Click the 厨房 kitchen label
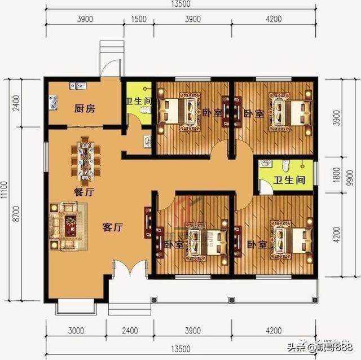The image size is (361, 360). pyautogui.click(x=85, y=108)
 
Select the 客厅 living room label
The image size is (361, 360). pyautogui.click(x=113, y=228)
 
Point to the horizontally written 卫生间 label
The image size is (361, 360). pyautogui.click(x=289, y=181)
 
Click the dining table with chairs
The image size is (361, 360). pyautogui.click(x=85, y=160)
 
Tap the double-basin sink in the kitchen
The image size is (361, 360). pyautogui.click(x=77, y=86)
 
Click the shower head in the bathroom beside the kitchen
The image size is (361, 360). pyautogui.click(x=148, y=89)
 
